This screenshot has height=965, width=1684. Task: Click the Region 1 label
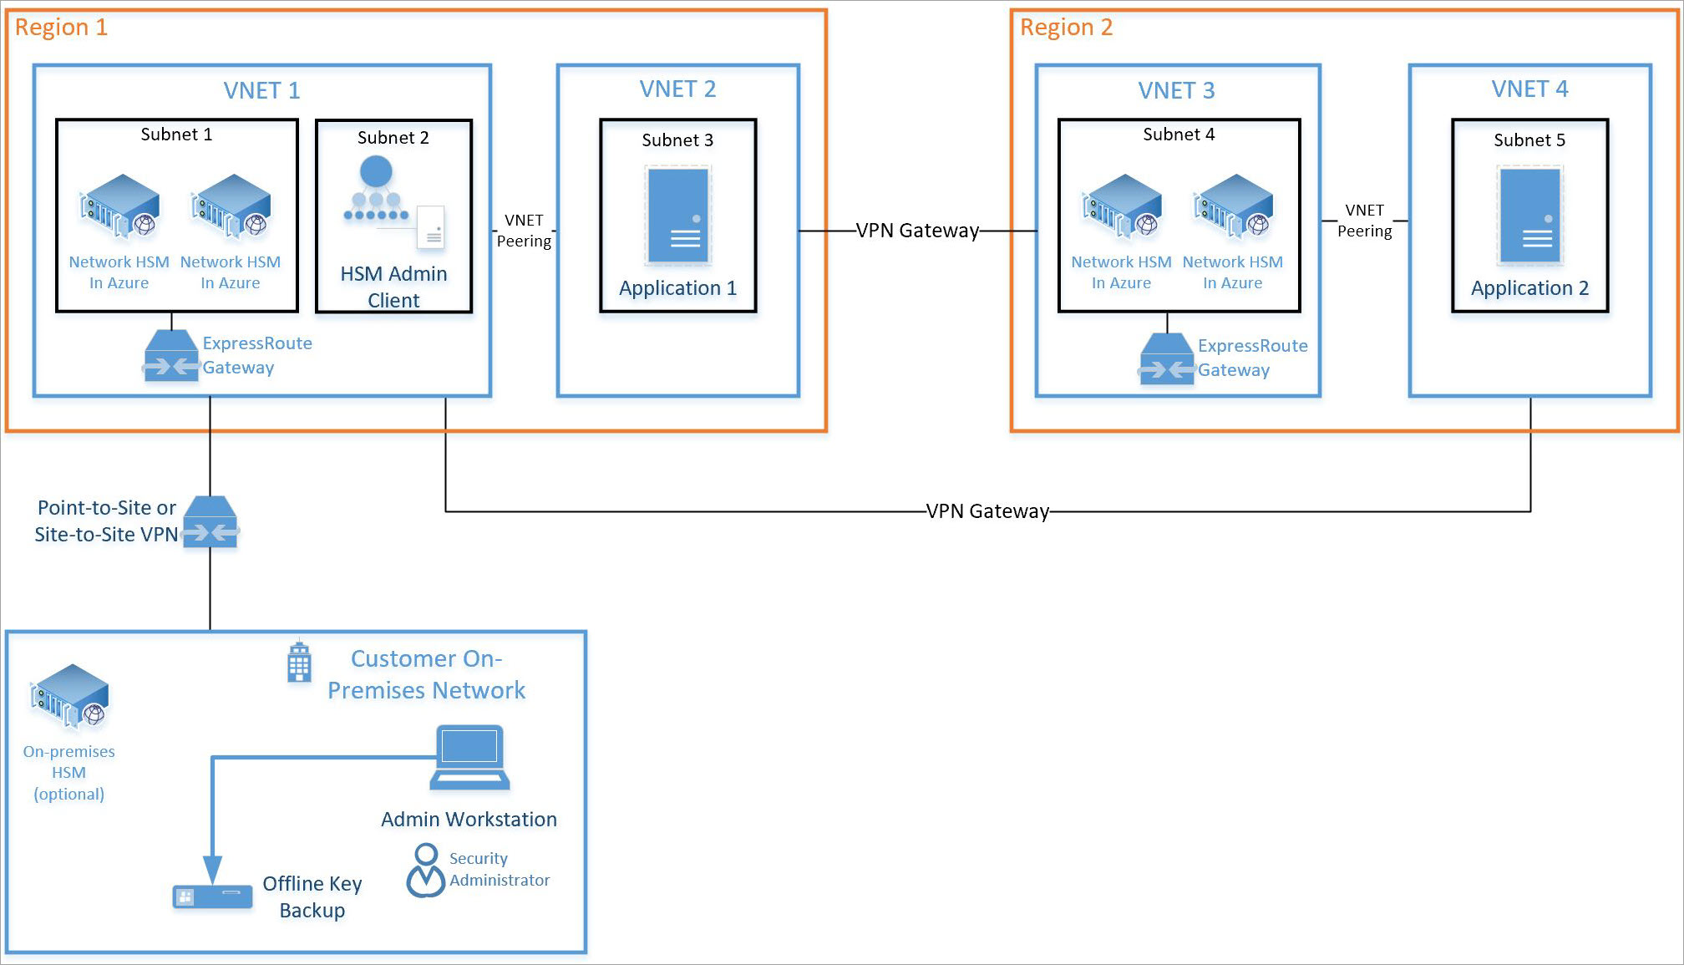click(x=61, y=28)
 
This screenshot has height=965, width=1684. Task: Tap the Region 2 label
click(x=1066, y=28)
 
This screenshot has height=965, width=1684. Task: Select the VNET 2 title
click(x=677, y=89)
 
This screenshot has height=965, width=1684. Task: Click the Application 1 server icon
click(x=677, y=216)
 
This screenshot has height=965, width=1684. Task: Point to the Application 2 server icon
click(x=1529, y=216)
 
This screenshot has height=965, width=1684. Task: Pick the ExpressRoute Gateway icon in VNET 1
click(x=171, y=356)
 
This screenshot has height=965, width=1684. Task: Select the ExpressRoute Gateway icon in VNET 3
click(x=1167, y=358)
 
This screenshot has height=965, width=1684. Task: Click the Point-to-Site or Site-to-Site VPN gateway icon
click(x=210, y=522)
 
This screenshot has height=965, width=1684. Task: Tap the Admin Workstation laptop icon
click(x=469, y=758)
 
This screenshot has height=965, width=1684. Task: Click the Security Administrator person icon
click(x=426, y=871)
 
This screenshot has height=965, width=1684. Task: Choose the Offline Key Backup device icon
click(x=212, y=896)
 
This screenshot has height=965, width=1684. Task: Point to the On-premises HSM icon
click(x=70, y=696)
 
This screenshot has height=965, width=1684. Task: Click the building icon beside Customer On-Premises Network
click(x=299, y=662)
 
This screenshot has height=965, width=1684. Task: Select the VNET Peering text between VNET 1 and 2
click(x=524, y=231)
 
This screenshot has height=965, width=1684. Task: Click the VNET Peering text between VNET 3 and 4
click(x=1364, y=221)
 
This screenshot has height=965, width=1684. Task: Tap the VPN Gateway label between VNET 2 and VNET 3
click(x=917, y=231)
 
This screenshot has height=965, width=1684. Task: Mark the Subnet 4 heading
click(x=1179, y=135)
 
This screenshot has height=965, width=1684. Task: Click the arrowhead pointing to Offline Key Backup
click(x=213, y=870)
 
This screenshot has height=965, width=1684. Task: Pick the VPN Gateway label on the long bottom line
click(x=987, y=511)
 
